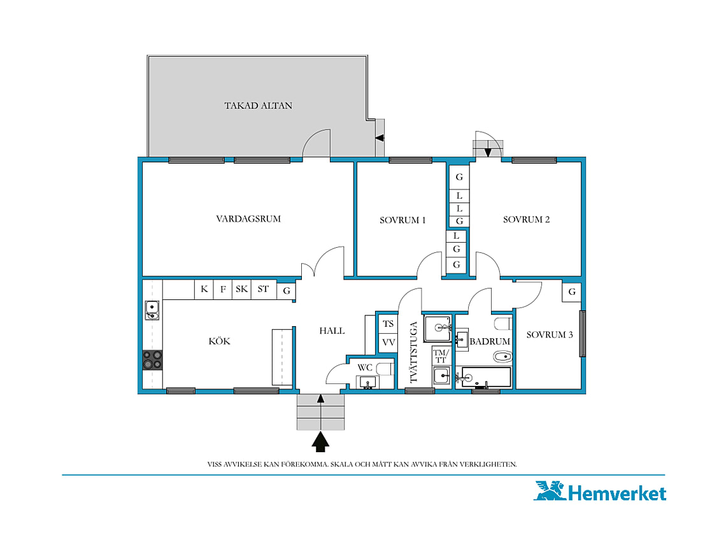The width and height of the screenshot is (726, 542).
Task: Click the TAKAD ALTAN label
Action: [x=259, y=106]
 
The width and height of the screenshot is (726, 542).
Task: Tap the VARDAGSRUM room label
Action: [x=248, y=218]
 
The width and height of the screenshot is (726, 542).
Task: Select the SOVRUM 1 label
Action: [x=402, y=220]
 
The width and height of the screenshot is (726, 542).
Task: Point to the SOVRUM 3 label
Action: [x=550, y=334]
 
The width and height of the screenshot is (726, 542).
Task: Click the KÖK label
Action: [x=220, y=341]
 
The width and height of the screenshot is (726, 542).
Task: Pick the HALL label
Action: [x=332, y=331]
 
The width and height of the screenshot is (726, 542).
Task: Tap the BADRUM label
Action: [x=490, y=341]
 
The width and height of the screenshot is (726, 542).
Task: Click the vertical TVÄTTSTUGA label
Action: [x=414, y=352]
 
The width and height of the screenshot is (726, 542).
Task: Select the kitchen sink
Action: [x=152, y=310]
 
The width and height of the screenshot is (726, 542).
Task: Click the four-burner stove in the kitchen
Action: [x=152, y=359]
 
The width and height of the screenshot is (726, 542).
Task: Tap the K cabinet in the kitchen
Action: [x=204, y=290]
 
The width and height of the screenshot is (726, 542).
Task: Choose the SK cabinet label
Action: [x=242, y=290]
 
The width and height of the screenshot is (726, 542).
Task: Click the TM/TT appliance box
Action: [x=441, y=356]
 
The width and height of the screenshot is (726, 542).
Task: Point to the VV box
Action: [x=388, y=343]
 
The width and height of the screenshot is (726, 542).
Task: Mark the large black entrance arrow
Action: [x=320, y=441]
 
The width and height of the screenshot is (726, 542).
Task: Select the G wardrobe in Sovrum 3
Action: [x=572, y=292]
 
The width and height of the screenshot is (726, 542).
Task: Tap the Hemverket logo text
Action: [x=617, y=493]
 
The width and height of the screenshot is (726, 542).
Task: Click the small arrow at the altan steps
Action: [x=380, y=138]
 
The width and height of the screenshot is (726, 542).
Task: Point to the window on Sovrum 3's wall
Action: [x=583, y=334]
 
